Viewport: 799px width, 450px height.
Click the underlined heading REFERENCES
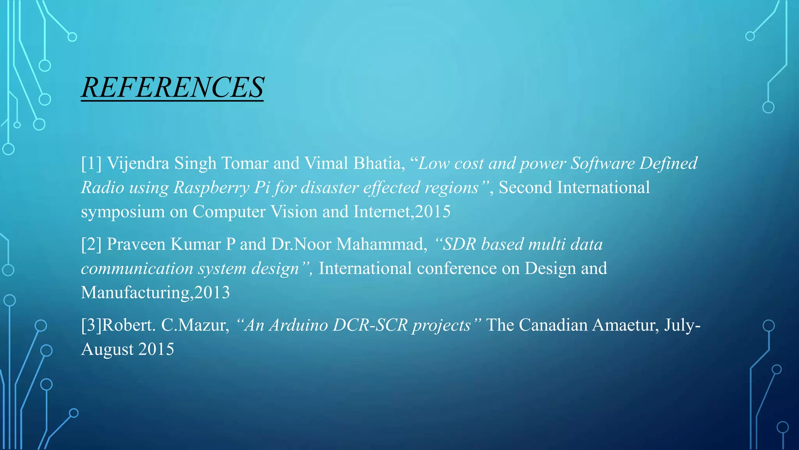click(x=172, y=87)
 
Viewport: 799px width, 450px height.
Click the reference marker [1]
click(x=91, y=163)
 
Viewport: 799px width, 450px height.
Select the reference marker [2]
click(x=91, y=244)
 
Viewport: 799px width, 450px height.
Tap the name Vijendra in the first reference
click(x=138, y=163)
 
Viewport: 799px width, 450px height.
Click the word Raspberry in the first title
click(x=211, y=188)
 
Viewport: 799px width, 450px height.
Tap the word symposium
click(x=123, y=212)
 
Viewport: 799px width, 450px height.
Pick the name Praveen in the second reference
click(x=136, y=244)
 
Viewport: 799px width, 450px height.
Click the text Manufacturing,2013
click(x=155, y=293)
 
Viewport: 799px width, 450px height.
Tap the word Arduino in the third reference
click(x=298, y=325)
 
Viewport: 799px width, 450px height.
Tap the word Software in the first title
click(x=602, y=163)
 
